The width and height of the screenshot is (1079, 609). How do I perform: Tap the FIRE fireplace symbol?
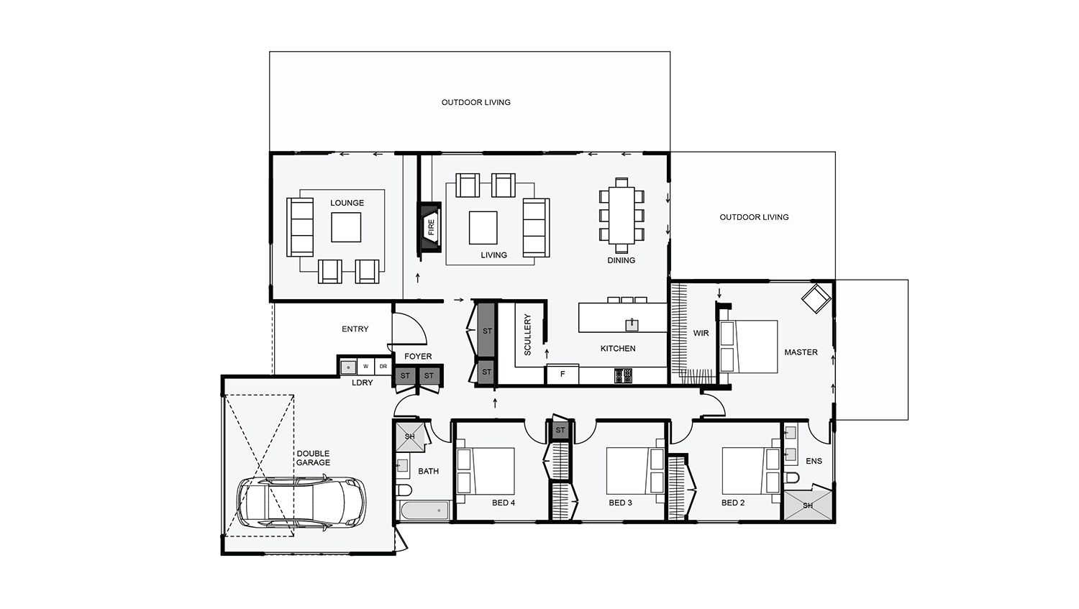430,228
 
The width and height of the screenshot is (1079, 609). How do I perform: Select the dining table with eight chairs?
622,214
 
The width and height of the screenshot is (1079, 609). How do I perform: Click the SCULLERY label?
527,334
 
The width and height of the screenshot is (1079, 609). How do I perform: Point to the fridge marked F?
563,375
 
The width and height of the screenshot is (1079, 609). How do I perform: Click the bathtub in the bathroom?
424,511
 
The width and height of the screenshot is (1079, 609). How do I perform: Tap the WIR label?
701,333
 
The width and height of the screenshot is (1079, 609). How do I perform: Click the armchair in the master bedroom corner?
816,298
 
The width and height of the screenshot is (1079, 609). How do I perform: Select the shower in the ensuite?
808,505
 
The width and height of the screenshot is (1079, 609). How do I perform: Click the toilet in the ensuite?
792,478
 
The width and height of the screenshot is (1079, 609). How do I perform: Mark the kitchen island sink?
631,324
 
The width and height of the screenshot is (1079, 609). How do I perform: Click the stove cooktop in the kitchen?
623,375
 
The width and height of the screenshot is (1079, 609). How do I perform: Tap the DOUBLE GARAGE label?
313,458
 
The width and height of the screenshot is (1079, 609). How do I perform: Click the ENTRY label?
355,329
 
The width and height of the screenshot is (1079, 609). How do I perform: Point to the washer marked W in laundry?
365,367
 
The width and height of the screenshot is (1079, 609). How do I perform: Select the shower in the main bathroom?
409,436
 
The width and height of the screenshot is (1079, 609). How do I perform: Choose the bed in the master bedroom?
750,347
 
